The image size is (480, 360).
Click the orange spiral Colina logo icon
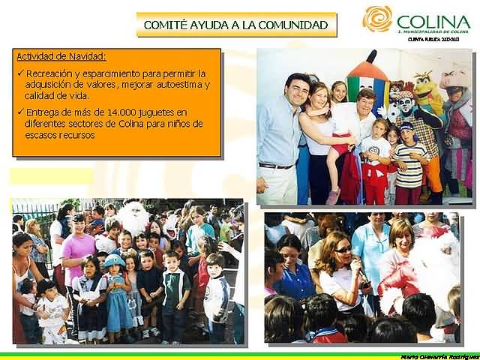(377, 19)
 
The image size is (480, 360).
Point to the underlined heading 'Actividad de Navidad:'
(61, 56)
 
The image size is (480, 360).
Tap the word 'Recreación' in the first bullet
(51, 73)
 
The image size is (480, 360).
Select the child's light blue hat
(114, 259)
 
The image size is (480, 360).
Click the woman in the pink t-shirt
(78, 247)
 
